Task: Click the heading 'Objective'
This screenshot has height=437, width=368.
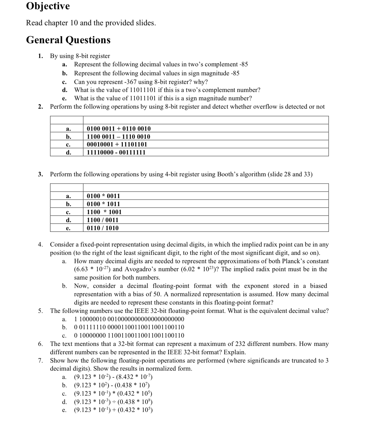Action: [48, 6]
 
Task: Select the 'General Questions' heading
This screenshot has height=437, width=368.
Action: [68, 40]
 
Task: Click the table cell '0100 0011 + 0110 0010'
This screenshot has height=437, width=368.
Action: [119, 129]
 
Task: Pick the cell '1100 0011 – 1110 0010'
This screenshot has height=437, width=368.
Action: [118, 137]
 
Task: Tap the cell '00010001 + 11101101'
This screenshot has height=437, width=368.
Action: [117, 144]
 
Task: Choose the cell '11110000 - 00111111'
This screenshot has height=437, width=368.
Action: [116, 152]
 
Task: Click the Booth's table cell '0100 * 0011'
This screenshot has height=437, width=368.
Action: [103, 196]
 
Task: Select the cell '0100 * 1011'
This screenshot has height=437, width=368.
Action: [103, 204]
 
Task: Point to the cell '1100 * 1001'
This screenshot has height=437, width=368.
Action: [104, 212]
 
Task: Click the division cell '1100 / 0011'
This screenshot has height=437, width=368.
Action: [103, 220]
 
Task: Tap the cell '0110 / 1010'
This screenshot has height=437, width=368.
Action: [103, 228]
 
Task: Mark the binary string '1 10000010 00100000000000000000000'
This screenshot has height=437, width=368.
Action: [129, 319]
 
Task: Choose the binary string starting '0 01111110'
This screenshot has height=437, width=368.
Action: [129, 327]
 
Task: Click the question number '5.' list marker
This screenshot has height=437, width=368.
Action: [40, 311]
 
